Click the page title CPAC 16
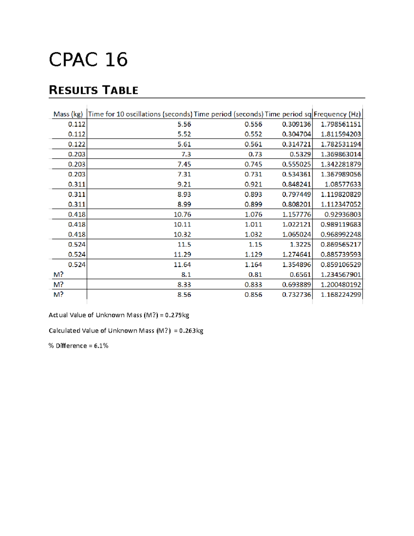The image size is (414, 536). (88, 60)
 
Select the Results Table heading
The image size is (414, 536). (93, 90)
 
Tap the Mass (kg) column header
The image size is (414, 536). (68, 114)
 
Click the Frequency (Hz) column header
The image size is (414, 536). (337, 114)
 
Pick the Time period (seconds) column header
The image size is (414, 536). (228, 114)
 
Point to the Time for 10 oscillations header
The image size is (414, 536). (140, 114)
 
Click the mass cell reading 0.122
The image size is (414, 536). (77, 144)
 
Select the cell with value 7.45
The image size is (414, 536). (184, 164)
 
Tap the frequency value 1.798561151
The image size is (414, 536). (341, 124)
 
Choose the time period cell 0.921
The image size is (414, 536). (253, 184)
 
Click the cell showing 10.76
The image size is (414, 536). (182, 214)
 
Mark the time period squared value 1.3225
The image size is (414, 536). (300, 244)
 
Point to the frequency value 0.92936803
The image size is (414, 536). (342, 214)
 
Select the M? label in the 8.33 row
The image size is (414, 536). (58, 284)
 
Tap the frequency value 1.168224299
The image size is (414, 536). (341, 295)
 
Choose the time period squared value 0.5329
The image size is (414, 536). (300, 154)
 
